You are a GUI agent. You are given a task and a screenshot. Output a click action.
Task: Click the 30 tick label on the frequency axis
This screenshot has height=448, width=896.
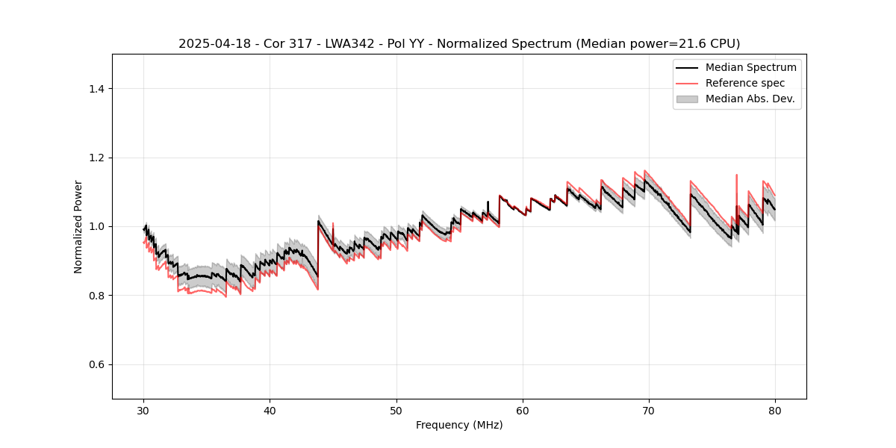[144, 411]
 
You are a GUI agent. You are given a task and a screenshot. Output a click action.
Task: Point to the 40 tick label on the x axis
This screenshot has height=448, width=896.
[270, 411]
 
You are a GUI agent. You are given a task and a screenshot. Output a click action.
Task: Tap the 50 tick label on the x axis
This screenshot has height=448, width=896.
[396, 411]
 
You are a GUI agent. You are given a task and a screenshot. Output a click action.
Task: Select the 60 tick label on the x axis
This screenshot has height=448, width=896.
[523, 411]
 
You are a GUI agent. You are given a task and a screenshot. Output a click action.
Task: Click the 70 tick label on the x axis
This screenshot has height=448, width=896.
[649, 411]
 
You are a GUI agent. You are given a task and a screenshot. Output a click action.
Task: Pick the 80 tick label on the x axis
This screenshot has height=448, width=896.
[775, 411]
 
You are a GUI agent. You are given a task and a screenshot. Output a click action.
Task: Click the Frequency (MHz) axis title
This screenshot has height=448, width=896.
[459, 426]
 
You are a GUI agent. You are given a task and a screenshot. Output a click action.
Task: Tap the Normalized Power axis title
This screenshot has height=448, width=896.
[78, 226]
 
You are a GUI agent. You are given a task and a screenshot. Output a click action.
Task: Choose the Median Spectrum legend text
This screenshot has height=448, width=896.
[750, 67]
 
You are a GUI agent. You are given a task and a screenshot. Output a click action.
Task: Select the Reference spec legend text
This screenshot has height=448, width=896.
[745, 83]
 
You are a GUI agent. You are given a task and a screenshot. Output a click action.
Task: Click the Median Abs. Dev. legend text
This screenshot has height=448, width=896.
[750, 99]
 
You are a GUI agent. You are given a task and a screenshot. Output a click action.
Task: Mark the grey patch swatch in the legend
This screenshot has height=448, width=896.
[687, 99]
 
